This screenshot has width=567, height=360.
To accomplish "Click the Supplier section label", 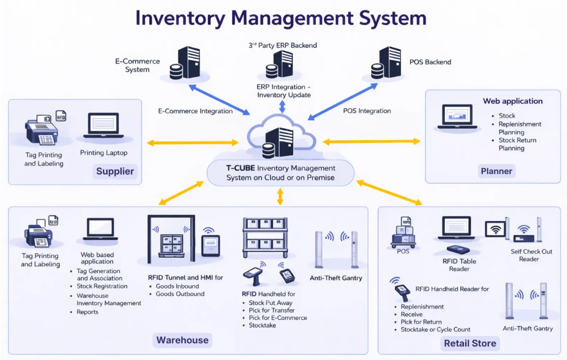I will pos(115,171).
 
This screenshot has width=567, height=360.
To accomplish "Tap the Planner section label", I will pos(496,171).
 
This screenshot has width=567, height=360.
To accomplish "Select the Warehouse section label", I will pos(182,340).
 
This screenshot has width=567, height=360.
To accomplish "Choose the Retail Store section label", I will pos(470,343).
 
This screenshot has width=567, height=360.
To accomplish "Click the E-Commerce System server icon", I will pos(185,64).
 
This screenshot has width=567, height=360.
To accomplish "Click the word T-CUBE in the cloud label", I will pos(240,168).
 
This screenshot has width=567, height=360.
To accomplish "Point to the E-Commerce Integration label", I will pos(195,111).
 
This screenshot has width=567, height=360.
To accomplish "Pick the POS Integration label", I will pos(367,111).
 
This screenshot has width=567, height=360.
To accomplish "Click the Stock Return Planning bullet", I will pos(517,144).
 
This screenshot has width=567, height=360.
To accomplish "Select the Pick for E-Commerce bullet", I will pos(277,318).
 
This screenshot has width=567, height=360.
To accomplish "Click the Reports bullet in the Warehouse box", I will pos(87,312).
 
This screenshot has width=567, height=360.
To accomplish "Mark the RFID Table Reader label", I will pos(459,265).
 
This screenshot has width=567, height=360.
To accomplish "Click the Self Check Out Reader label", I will pos(531,255).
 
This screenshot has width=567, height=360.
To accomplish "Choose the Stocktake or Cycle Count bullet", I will pos(435,330).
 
